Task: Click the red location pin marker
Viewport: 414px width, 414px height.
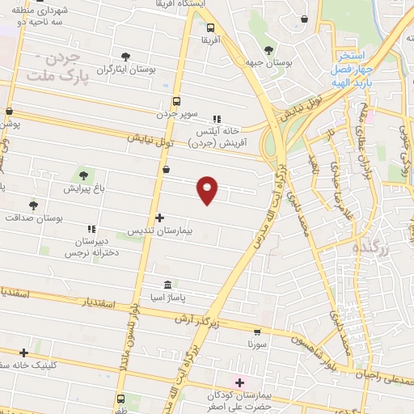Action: [x=208, y=189]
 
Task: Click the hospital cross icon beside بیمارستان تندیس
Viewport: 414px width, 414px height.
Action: [x=159, y=218]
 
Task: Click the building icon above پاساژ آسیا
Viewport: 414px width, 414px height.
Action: [x=167, y=285]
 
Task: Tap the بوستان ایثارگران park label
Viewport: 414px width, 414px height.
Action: [x=125, y=70]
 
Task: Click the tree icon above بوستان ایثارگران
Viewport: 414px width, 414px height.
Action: [x=125, y=57]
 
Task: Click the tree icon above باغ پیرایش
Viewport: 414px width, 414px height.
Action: [x=83, y=175]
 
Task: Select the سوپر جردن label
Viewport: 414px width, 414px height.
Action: [x=177, y=116]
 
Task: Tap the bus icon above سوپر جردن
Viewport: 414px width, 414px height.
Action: [x=176, y=102]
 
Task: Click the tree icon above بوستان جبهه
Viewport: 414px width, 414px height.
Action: [x=268, y=49]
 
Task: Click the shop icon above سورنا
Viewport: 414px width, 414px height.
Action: [x=257, y=331]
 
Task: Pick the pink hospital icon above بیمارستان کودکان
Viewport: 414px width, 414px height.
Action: [x=239, y=381]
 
